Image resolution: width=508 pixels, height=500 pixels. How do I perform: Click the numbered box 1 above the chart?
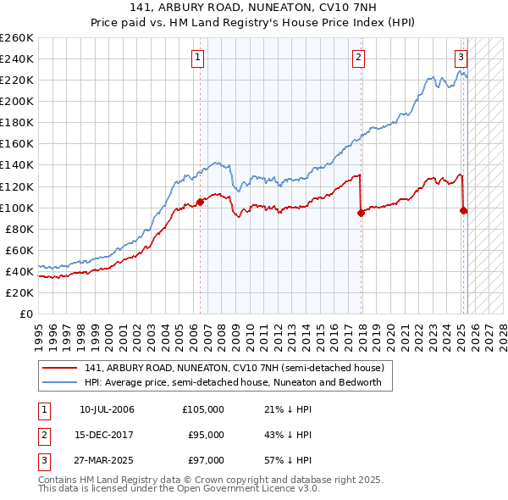(197, 58)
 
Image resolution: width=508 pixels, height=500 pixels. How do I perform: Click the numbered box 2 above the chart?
(359, 58)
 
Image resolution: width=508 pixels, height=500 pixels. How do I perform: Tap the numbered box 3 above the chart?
(461, 58)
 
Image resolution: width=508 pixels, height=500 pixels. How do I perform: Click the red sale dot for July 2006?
(201, 202)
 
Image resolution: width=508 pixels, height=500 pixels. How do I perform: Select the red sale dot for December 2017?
(362, 213)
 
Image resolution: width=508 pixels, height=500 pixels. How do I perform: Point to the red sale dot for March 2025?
(464, 210)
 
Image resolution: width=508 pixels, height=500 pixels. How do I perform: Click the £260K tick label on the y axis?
(16, 37)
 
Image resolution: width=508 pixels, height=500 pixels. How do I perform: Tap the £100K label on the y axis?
(16, 208)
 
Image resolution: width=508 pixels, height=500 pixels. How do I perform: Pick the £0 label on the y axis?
(25, 314)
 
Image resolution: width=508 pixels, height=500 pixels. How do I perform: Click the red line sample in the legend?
(60, 369)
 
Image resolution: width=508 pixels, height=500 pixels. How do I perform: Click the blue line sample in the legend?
(60, 382)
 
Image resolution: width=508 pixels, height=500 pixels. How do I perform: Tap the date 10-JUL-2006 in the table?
(107, 410)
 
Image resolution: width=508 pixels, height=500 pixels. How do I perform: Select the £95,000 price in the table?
(205, 435)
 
